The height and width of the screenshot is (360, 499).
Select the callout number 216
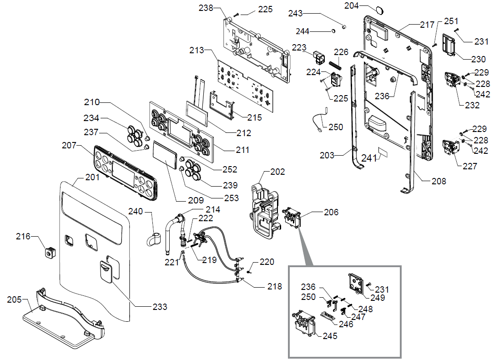pyautogui.click(x=23, y=237)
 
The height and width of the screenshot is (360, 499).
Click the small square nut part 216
pyautogui.click(x=49, y=250)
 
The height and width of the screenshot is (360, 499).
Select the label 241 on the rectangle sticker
pyautogui.click(x=369, y=158)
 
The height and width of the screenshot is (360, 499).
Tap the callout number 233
pyautogui.click(x=160, y=307)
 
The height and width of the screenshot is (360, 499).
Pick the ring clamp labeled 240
pyautogui.click(x=155, y=238)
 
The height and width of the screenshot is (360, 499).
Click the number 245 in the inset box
pyautogui.click(x=330, y=336)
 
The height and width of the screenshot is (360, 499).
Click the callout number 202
pyautogui.click(x=277, y=172)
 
